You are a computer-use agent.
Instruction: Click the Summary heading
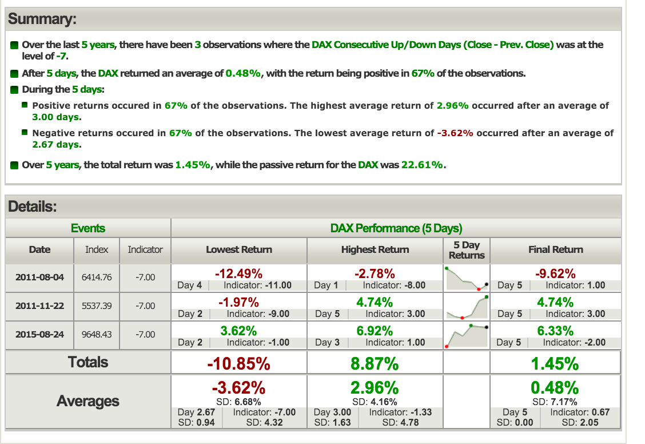[42, 19]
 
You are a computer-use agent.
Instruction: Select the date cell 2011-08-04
[40, 277]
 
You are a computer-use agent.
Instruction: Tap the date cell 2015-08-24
[40, 334]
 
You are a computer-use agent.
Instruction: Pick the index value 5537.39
[97, 306]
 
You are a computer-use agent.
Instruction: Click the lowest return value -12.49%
[238, 273]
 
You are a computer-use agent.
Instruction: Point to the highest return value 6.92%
[375, 331]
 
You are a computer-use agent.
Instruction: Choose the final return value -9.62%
[555, 273]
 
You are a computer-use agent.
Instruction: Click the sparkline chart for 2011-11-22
[467, 306]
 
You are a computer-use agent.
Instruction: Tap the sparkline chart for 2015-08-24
[467, 335]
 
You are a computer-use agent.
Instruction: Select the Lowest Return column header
[238, 249]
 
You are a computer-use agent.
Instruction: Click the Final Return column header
[555, 249]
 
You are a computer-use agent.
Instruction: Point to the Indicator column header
[145, 249]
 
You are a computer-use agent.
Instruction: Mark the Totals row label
[87, 362]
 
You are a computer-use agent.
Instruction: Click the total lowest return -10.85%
[238, 363]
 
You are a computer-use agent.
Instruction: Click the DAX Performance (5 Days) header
[396, 228]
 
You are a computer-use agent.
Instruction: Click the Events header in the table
[87, 228]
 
